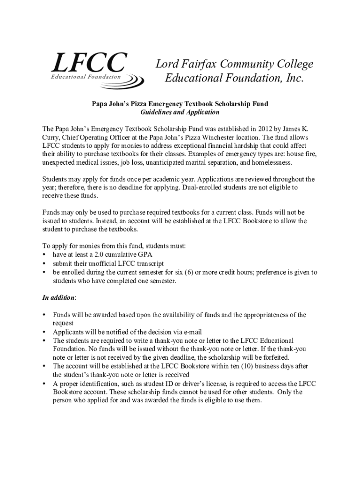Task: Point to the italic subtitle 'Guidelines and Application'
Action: pos(180,112)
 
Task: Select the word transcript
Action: pos(147,263)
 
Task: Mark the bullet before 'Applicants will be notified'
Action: pos(44,332)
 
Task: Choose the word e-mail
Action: pos(191,332)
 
